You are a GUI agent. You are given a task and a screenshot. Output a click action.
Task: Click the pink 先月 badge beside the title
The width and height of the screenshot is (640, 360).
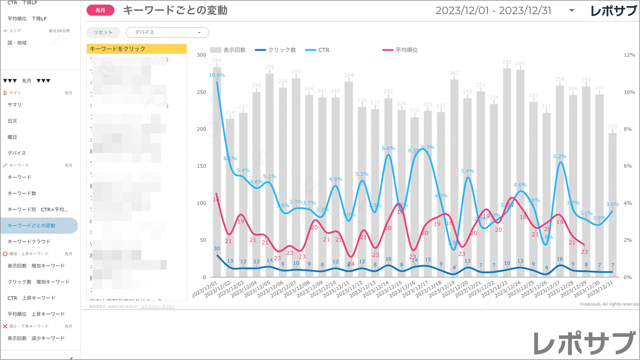101,10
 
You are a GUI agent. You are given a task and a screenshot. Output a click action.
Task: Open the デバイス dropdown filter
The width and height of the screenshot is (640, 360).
167,32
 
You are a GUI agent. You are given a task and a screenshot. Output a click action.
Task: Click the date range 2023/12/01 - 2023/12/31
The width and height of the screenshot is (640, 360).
493,11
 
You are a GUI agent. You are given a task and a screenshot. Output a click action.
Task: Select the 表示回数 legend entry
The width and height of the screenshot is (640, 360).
228,50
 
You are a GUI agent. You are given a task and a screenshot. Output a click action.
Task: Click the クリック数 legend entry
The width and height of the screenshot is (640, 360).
275,50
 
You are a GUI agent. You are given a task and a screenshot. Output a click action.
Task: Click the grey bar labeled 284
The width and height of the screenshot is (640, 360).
217,177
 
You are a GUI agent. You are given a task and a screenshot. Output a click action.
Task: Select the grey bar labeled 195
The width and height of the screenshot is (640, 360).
612,208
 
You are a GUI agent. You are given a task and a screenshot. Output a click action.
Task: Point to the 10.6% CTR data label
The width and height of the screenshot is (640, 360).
217,75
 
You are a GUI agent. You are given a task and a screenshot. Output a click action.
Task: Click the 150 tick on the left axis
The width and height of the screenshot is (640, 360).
202,166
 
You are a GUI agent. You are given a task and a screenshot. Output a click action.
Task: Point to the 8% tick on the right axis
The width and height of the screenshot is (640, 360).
629,129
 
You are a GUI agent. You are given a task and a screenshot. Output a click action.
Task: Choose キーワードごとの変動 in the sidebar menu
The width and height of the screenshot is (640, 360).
31,225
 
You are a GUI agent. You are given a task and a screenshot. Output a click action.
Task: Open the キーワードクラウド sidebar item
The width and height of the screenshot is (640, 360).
29,241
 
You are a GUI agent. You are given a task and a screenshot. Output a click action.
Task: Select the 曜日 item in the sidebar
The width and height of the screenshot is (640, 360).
12,137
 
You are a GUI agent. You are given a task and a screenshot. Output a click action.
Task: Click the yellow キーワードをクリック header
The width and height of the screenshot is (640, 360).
136,49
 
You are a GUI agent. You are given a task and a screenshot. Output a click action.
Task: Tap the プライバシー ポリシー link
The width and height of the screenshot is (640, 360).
158,306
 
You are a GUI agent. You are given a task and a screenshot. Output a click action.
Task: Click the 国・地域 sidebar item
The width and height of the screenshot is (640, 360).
17,43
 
